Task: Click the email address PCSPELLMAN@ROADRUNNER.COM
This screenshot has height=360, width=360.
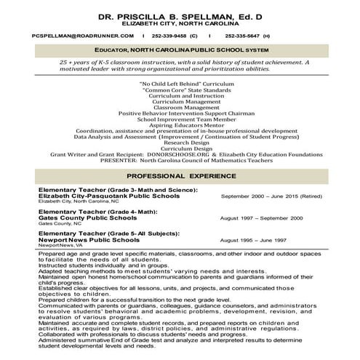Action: pyautogui.click(x=71, y=35)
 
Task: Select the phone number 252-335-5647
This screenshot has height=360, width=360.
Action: pyautogui.click(x=247, y=35)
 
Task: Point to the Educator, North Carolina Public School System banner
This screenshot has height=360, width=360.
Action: pyautogui.click(x=180, y=49)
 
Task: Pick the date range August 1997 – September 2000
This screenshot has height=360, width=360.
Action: pyautogui.click(x=260, y=217)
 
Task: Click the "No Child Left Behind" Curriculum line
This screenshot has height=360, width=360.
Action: pyautogui.click(x=180, y=84)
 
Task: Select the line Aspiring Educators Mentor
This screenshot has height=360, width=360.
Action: pyautogui.click(x=180, y=125)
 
